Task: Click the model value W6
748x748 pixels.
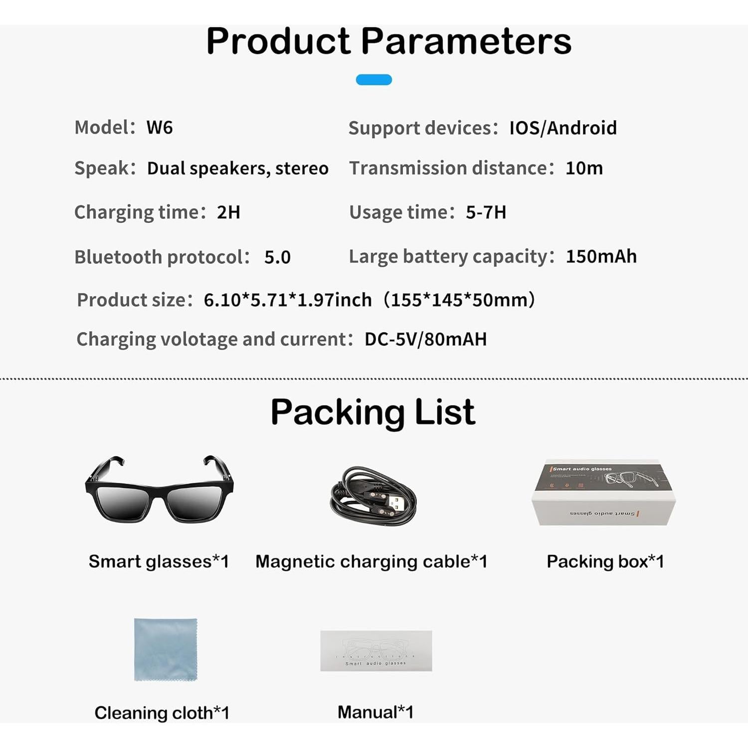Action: click(160, 128)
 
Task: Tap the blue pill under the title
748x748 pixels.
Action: click(374, 80)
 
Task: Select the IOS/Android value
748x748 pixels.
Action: click(562, 128)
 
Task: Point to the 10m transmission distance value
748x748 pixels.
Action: click(584, 169)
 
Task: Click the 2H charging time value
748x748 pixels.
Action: click(228, 212)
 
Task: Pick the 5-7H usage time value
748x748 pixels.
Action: click(486, 212)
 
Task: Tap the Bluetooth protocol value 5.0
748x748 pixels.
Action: click(277, 257)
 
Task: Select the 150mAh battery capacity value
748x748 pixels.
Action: click(601, 256)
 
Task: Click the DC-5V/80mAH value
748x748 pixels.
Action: click(425, 339)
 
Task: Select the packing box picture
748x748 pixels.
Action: click(603, 493)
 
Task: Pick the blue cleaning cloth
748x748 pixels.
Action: click(166, 649)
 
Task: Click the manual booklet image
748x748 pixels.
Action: click(376, 651)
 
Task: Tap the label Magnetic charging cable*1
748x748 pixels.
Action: click(371, 562)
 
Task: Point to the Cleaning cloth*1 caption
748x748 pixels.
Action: click(162, 713)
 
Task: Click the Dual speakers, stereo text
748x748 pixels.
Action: click(238, 169)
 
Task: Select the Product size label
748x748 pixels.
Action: click(134, 300)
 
